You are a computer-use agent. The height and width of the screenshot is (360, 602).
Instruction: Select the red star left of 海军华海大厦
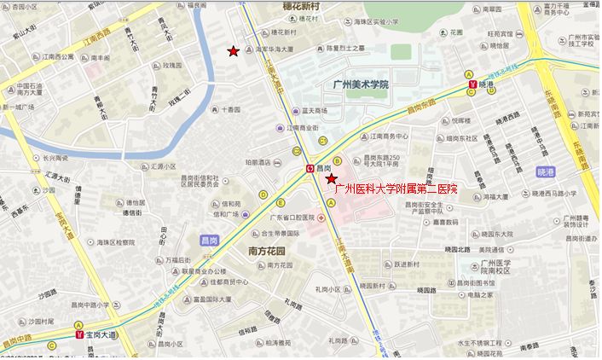[233, 52]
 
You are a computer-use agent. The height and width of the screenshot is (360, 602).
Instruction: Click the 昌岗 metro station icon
[310, 169]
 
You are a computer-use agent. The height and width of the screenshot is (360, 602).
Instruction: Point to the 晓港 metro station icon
[471, 84]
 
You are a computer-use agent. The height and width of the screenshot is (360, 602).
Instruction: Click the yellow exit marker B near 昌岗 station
[337, 160]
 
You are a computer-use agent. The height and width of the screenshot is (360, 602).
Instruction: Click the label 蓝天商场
[315, 111]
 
